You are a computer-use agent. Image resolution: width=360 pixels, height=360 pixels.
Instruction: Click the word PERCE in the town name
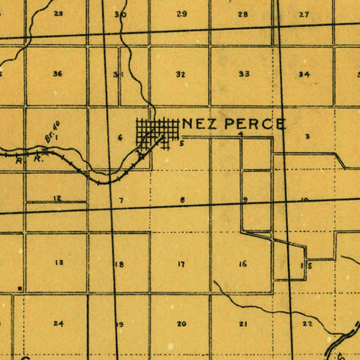point(253,123)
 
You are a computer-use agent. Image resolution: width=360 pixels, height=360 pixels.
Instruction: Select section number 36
point(58,74)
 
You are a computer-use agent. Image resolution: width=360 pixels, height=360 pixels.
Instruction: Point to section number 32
point(181,74)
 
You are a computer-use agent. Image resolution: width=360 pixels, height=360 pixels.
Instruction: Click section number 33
point(244,74)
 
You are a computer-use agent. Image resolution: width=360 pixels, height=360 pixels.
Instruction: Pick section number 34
point(304,74)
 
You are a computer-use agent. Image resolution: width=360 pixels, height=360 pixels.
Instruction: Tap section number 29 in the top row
point(182,14)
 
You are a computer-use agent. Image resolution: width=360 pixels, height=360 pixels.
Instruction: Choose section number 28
point(243,14)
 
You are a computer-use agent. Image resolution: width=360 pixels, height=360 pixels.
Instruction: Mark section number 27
point(304,14)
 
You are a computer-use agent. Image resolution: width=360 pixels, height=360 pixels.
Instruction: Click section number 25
point(58,13)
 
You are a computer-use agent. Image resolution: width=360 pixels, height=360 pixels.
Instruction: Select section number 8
point(182,199)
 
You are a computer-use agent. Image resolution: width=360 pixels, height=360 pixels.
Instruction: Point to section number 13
point(58,263)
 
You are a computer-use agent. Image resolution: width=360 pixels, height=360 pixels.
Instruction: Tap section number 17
point(181,264)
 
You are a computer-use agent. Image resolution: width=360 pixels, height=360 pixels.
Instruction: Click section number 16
point(242,264)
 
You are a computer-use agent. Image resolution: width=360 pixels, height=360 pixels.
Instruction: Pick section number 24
point(58,322)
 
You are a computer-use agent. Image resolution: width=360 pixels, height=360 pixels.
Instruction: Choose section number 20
point(181,323)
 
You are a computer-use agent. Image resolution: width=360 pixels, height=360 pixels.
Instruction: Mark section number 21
point(242,323)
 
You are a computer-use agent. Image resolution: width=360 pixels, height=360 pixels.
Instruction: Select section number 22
point(308,322)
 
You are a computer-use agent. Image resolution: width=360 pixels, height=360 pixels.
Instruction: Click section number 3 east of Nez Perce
point(307,136)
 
